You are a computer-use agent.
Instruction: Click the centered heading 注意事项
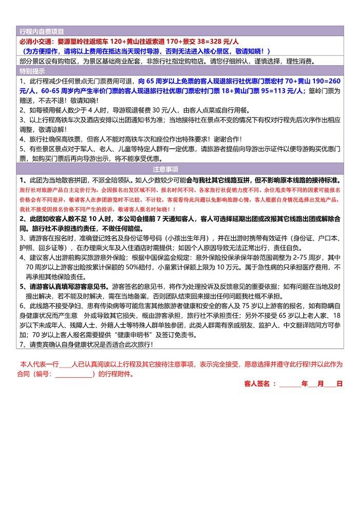tap(179, 169)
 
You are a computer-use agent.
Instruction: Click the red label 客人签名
tap(260, 383)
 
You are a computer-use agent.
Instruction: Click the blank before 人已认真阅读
tap(66, 364)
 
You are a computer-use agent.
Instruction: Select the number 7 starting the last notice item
tap(21, 345)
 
